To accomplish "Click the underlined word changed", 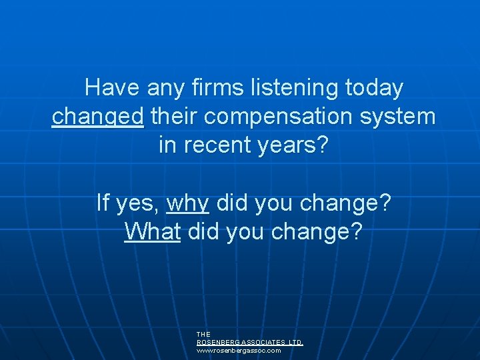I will (98, 117).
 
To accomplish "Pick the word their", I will (175, 116).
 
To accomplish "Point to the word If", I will (103, 202).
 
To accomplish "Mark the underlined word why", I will (188, 203).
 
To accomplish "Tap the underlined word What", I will (152, 231).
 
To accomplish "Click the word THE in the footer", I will (203, 334).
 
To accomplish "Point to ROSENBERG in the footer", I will (215, 342).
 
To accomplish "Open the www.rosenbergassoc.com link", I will (239, 350).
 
